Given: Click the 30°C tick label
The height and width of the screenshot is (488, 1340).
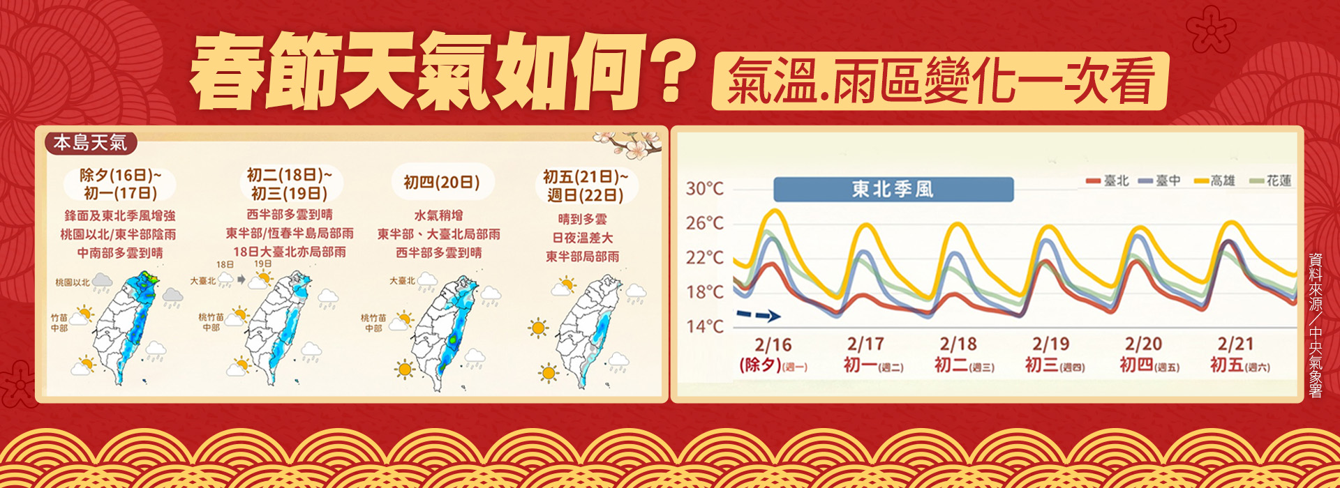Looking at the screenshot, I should (704, 189).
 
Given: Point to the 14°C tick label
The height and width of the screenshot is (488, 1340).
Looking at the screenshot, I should (704, 326).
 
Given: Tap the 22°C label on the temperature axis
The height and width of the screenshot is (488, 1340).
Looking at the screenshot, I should (704, 257).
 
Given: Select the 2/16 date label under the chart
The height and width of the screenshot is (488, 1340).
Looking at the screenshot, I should (773, 344).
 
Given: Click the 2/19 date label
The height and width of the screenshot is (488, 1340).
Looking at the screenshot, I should (1050, 344).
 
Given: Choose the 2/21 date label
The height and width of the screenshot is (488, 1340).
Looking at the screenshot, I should (1235, 344).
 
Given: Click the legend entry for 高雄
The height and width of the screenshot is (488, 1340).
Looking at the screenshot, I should (1215, 181).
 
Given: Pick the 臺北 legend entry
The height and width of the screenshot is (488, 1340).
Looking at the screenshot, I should (1108, 181).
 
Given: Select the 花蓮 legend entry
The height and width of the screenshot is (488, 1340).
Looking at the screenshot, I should (1271, 181).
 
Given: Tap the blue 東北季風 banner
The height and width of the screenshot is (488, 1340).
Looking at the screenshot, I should (893, 190).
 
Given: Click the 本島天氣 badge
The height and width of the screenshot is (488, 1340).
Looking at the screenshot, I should (90, 143).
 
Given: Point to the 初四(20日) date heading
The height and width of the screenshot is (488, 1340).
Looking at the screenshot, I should (442, 183).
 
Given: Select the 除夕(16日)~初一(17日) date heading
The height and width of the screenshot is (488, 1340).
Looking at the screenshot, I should (120, 184).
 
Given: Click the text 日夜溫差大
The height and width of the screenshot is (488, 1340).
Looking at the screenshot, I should (583, 238).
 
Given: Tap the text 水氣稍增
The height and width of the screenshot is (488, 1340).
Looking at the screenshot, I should (438, 215).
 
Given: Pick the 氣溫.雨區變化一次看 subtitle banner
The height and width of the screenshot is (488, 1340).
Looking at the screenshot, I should (939, 82).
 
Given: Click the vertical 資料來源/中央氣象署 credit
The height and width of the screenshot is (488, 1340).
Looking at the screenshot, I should (1315, 325).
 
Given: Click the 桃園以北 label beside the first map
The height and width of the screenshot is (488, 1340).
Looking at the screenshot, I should (73, 282).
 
